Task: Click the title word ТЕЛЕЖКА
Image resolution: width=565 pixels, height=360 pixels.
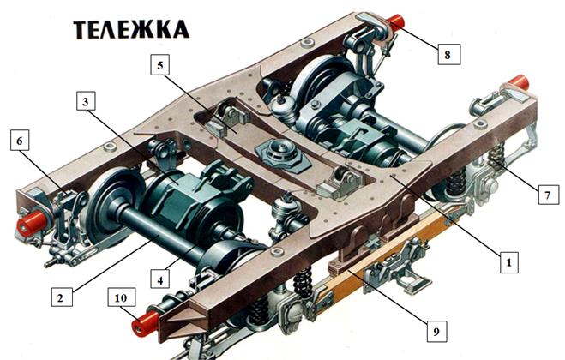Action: click(x=131, y=30)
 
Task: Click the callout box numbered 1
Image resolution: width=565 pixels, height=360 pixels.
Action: click(x=508, y=262)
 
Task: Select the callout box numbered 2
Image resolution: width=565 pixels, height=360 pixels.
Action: click(x=62, y=297)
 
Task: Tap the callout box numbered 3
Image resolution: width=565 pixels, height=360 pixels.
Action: click(x=86, y=101)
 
